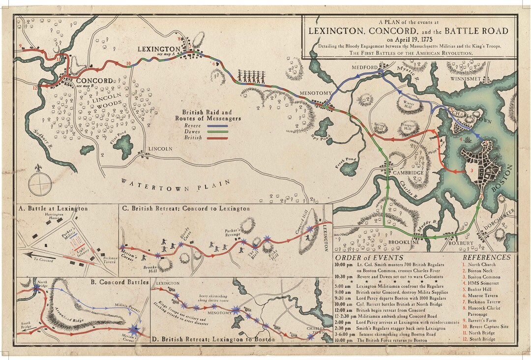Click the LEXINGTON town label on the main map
tap(159, 49)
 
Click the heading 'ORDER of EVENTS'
tap(369, 258)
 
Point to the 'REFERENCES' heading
tap(487, 257)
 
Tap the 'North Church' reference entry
tap(483, 264)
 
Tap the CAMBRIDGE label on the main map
tap(408, 173)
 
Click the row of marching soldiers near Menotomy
tap(252, 76)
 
